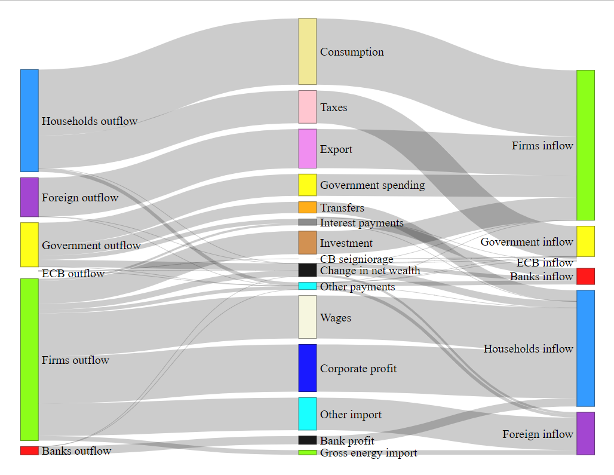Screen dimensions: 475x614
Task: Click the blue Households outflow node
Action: pos(29,120)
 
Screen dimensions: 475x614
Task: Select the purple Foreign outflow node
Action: pos(29,197)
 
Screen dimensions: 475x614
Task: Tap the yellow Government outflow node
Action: pos(29,244)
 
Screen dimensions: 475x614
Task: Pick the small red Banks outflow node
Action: pos(29,451)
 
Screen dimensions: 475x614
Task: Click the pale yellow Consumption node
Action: pos(307,51)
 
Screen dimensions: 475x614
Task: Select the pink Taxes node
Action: pos(307,107)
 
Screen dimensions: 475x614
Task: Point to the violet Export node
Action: pos(307,148)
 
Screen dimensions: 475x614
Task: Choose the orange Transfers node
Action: pos(307,207)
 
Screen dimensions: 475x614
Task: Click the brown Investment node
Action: pos(307,243)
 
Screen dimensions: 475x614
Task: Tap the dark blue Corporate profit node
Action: pos(307,367)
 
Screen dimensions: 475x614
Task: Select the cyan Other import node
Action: pos(307,413)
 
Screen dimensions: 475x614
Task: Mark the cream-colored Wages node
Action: pos(307,317)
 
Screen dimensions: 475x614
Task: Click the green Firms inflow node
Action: pos(585,145)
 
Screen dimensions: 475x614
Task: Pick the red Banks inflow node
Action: pos(585,276)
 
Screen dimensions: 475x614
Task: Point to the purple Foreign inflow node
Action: pos(585,433)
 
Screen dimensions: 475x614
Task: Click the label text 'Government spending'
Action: pos(372,185)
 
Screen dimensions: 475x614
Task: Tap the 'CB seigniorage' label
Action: pos(357,259)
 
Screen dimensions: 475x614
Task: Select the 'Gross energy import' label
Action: pos(368,453)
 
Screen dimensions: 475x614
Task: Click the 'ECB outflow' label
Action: pos(73,274)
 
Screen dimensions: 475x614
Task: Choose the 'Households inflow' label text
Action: pos(528,348)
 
